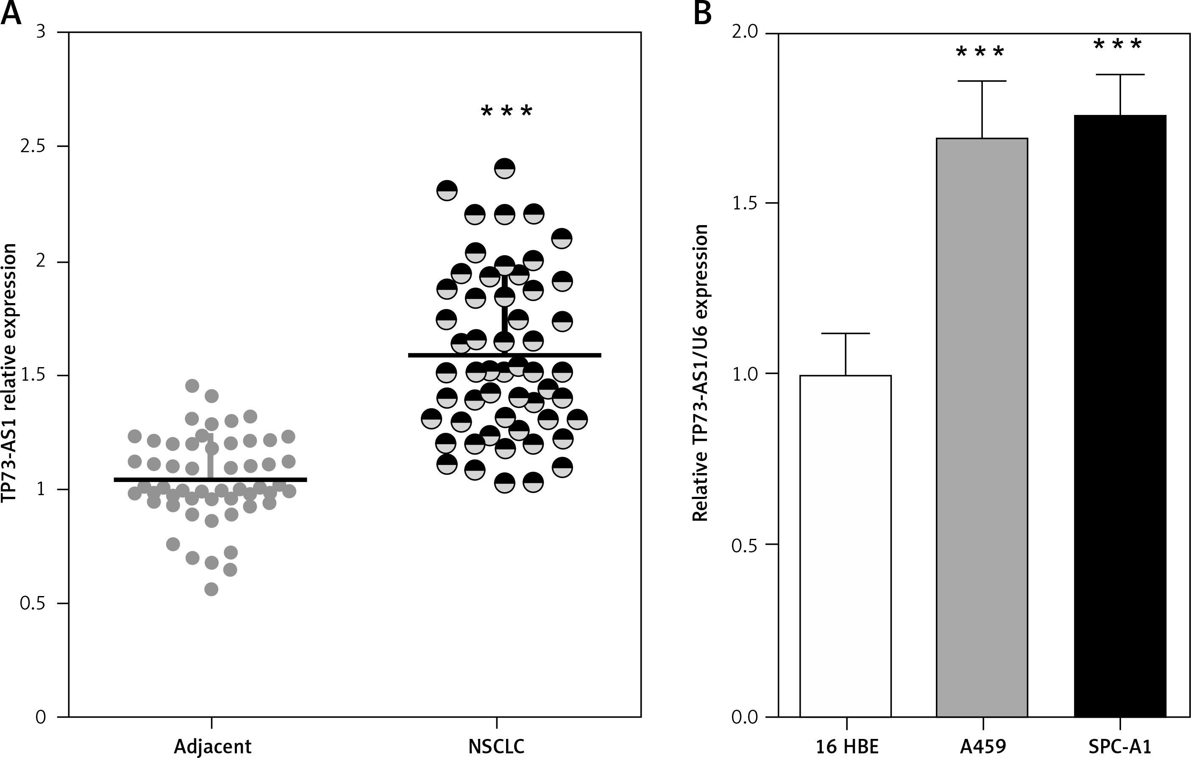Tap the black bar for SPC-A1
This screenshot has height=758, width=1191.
pyautogui.click(x=1120, y=415)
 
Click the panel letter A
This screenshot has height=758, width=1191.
pyautogui.click(x=11, y=14)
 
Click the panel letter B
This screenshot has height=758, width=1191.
pyautogui.click(x=703, y=14)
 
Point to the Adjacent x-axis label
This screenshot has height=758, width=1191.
pyautogui.click(x=213, y=746)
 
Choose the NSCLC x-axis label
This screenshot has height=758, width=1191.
pyautogui.click(x=497, y=746)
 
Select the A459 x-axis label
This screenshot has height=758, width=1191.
pyautogui.click(x=983, y=746)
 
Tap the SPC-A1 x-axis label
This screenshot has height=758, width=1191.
pyautogui.click(x=1120, y=746)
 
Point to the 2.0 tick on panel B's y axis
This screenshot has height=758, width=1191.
pyautogui.click(x=746, y=33)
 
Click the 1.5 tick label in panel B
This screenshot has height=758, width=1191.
pyautogui.click(x=746, y=203)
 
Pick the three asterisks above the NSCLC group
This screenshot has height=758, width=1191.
pyautogui.click(x=506, y=111)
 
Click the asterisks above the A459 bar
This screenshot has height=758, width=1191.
pyautogui.click(x=980, y=52)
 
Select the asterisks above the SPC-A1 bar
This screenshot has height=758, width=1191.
pyautogui.click(x=1118, y=45)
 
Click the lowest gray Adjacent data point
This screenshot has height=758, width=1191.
pyautogui.click(x=211, y=589)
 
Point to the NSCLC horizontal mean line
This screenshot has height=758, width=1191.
pyautogui.click(x=504, y=355)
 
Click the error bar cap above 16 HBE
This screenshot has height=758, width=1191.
pyautogui.click(x=846, y=334)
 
